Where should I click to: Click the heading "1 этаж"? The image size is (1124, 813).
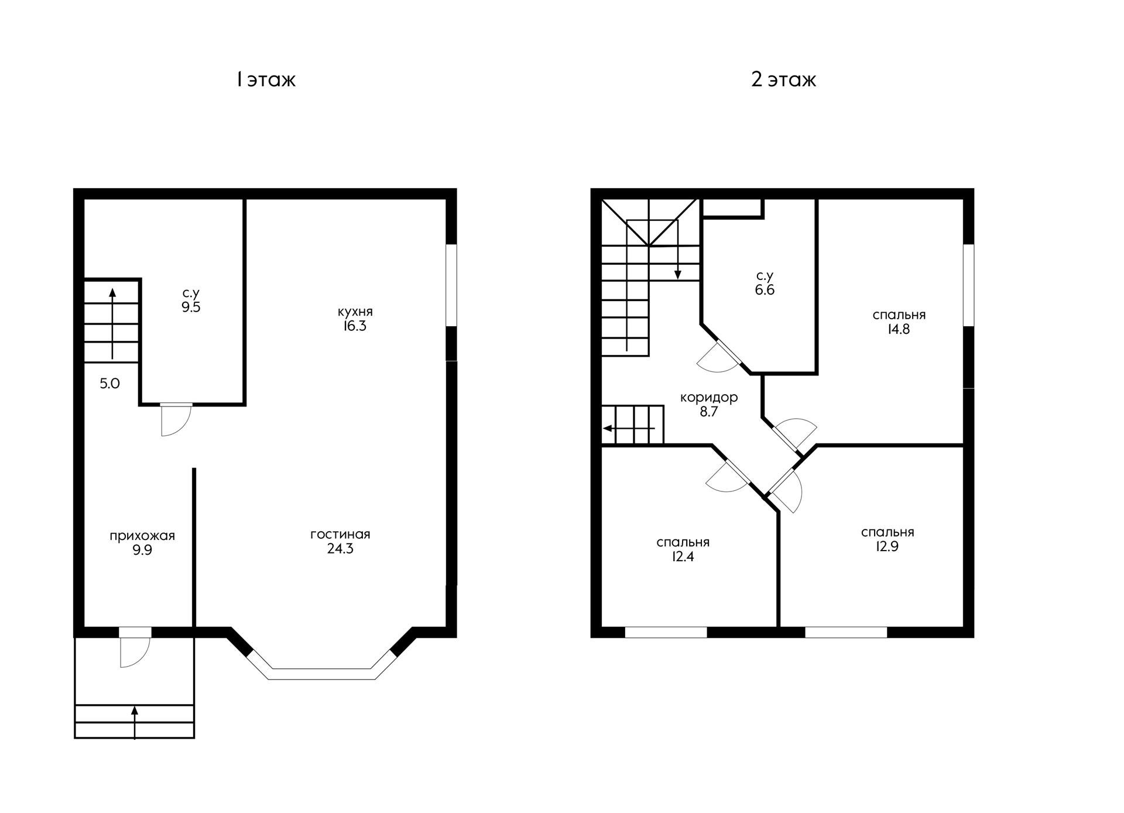[x=266, y=79]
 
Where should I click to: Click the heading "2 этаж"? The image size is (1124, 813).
[x=783, y=79]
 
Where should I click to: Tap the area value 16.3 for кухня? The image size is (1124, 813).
[x=355, y=326]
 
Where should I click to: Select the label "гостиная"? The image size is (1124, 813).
[x=340, y=534]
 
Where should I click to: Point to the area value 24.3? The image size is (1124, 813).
[x=340, y=549]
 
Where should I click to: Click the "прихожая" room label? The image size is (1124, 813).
[x=142, y=536]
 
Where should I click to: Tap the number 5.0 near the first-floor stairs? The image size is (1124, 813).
[x=109, y=384]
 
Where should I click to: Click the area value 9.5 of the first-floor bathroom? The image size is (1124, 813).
[x=191, y=308]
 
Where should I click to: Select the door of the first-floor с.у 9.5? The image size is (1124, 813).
[x=176, y=419]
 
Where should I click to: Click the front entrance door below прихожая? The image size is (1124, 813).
[x=135, y=647]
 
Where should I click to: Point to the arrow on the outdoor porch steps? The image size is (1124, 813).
[x=135, y=722]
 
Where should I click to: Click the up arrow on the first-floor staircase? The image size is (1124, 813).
[x=112, y=323]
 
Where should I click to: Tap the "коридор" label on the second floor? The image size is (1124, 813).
[x=709, y=397]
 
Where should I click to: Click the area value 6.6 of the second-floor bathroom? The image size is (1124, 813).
[x=765, y=290]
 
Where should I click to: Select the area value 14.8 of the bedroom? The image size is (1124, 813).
[x=899, y=329]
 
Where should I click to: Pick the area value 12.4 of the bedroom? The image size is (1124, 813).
[x=683, y=556]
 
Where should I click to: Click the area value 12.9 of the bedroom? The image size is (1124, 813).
[x=887, y=546]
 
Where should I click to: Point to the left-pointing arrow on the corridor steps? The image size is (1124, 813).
[x=629, y=428]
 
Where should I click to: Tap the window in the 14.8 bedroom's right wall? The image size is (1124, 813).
[x=969, y=285]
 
